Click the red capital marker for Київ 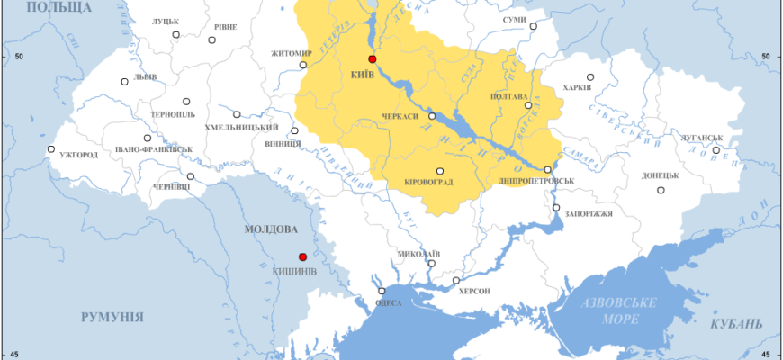373,58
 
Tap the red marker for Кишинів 303,256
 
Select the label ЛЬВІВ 146,77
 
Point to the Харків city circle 590,77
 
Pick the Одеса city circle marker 382,291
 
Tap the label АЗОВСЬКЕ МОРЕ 617,310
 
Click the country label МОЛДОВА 271,229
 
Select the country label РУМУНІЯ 112,317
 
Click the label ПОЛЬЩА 59,7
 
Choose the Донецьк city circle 661,190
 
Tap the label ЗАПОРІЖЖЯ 589,214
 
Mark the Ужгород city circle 51,149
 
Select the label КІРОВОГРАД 428,182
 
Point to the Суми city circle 533,27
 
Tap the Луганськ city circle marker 716,150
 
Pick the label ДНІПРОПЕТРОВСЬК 536,181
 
